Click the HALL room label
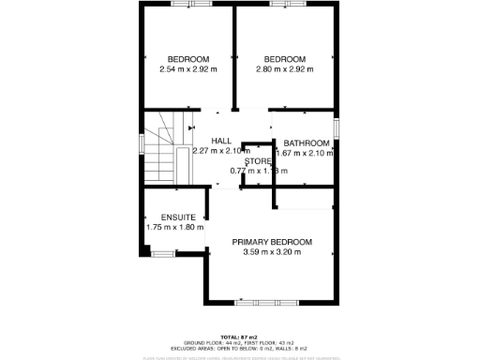[221, 140]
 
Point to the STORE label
[258, 161]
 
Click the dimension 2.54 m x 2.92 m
[187, 68]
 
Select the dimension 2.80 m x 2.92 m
[285, 68]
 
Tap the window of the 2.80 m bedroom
[284, 5]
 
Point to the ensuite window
[163, 253]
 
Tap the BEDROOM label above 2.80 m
[285, 58]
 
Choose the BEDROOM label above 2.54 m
[187, 58]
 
